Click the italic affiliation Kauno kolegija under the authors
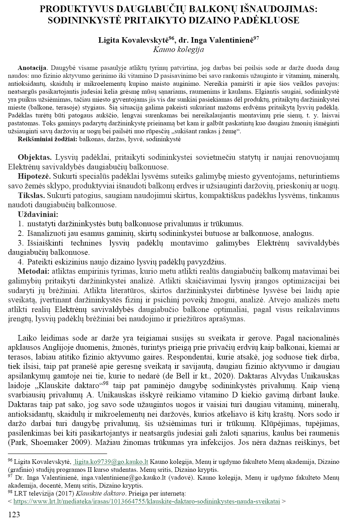click(x=178, y=50)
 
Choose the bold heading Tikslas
click(x=31, y=196)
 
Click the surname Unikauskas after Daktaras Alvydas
click(x=321, y=375)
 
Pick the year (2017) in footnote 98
click(x=67, y=493)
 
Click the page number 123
click(x=14, y=515)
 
